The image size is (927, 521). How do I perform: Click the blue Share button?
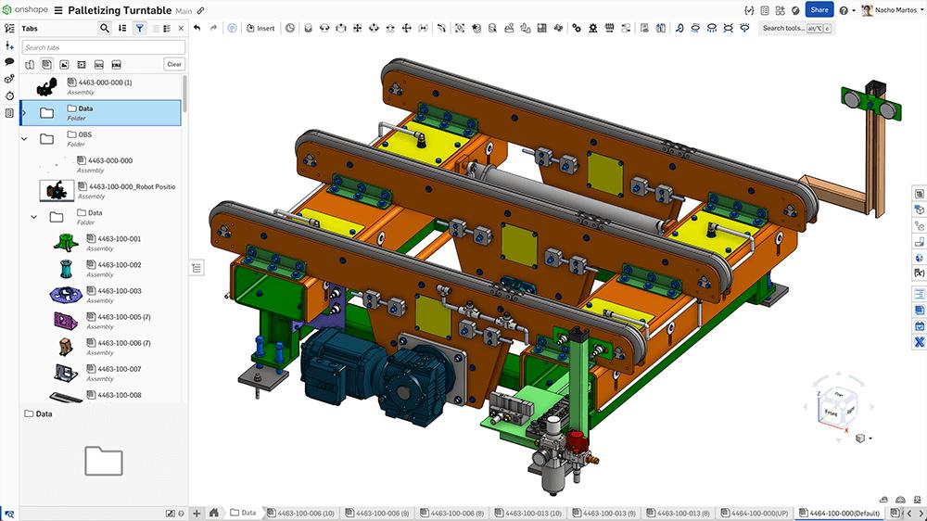coord(819,10)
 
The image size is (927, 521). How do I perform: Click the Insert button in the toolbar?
coord(260,28)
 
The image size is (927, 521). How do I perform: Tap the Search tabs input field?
coord(103,47)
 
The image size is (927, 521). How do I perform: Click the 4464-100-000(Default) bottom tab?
coord(837,513)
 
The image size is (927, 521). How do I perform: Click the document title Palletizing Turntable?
coord(120,10)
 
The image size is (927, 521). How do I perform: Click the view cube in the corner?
coord(838,398)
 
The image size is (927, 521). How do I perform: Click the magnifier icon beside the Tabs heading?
coord(105,29)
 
